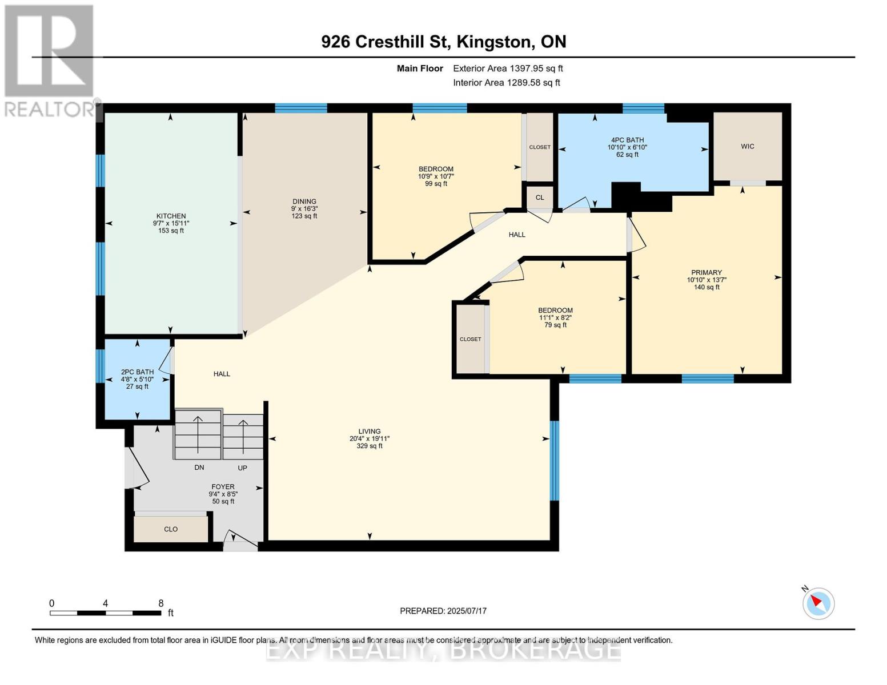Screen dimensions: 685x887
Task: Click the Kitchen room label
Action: pos(171,216)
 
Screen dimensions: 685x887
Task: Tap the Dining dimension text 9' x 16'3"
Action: pos(304,209)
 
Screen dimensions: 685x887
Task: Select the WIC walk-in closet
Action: pos(747,147)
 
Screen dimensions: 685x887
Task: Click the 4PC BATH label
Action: pos(627,140)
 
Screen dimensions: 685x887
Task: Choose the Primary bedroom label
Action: pos(707,272)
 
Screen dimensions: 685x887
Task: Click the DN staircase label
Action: pos(199,468)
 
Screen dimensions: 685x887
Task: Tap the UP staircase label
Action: pos(242,468)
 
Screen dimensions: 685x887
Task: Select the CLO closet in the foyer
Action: pos(171,529)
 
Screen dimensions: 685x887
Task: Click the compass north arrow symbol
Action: pos(818,603)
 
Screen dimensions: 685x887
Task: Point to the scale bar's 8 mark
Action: pos(160,603)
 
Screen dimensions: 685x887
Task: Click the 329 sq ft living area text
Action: pos(370,446)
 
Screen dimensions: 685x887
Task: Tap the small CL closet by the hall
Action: pos(540,198)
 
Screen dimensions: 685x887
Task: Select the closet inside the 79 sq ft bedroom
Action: pos(471,339)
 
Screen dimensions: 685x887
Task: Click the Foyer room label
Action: pos(223,487)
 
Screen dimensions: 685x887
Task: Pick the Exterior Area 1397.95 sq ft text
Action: pos(508,68)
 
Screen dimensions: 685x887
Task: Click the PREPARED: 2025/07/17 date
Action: pos(443,611)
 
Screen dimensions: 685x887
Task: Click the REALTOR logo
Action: pos(50,60)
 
